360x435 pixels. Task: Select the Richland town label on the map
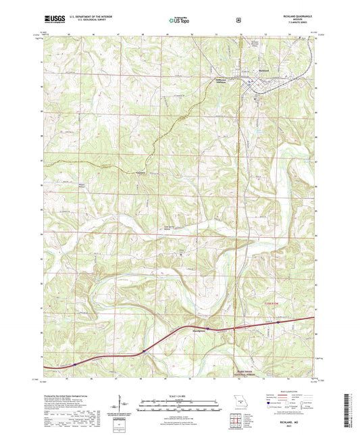[265, 70]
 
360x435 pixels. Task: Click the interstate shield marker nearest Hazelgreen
[208, 329]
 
